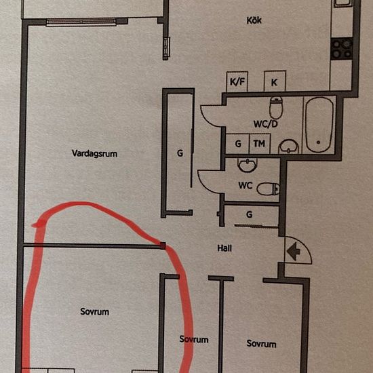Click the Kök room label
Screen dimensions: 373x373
254,20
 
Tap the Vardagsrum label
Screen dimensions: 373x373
94,153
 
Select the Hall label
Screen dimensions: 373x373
224,248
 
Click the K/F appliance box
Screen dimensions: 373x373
237,81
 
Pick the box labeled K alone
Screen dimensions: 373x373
275,81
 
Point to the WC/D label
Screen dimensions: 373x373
265,124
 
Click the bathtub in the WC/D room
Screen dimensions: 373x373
319,125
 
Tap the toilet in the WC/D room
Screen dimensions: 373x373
276,108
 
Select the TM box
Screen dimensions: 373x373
259,144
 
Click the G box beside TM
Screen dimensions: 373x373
237,144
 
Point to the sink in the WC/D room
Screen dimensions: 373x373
288,146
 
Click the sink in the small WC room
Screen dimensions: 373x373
248,165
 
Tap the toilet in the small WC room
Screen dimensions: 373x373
268,189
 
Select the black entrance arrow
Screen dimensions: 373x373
294,251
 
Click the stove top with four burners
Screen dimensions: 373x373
342,49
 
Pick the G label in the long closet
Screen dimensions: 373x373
180,153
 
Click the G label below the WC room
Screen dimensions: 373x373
249,214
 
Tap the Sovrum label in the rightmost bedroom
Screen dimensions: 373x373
261,344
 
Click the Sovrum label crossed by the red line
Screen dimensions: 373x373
194,339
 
